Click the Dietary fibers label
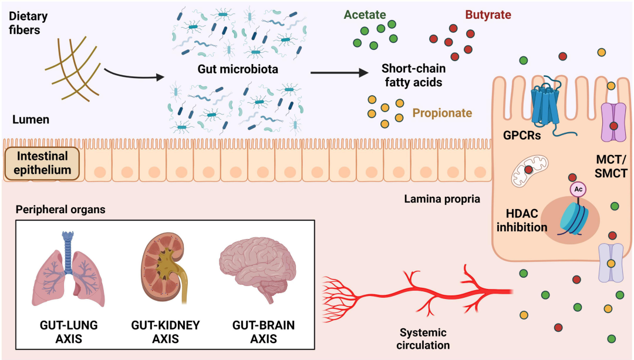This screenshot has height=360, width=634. [28, 23]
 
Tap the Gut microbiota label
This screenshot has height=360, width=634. [238, 69]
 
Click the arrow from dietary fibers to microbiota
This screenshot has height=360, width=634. [134, 75]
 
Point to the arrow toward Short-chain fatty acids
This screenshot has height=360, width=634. [339, 73]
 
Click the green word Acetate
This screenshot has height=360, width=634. [365, 15]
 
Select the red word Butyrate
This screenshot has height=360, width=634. [488, 15]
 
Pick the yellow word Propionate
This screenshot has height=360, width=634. [442, 113]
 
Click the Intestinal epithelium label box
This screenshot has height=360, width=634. [42, 163]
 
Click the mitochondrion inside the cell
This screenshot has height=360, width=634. [530, 171]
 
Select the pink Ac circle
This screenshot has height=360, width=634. [578, 189]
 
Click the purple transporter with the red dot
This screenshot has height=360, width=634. [613, 122]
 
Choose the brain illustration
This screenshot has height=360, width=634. [258, 268]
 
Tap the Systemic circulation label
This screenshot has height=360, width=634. [423, 339]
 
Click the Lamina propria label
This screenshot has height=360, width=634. [442, 199]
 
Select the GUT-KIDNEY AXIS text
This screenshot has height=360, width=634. [166, 332]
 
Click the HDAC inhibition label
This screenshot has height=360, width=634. [522, 220]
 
